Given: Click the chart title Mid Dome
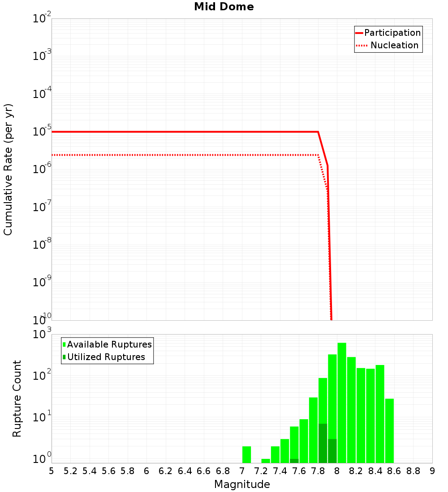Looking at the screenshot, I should point(224,7).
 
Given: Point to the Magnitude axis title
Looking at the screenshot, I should point(242,484).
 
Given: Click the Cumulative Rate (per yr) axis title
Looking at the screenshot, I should point(8,170).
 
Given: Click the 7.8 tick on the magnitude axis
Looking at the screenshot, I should point(318,471).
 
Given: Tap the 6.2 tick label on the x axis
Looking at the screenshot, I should point(166,471).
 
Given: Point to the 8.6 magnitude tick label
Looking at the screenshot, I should point(394,471).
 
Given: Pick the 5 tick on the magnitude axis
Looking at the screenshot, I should point(52,471).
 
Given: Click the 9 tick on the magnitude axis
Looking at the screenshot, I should point(432,471).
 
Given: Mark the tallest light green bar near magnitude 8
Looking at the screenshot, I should point(342,403).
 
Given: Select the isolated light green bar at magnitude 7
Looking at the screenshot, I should point(246,454).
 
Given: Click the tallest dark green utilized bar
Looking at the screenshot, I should point(323,443).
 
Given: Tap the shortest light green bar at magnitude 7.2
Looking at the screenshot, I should point(266,461).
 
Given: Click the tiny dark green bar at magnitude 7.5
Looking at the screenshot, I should point(294,461).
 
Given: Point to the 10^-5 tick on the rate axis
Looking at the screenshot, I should point(43,132).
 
